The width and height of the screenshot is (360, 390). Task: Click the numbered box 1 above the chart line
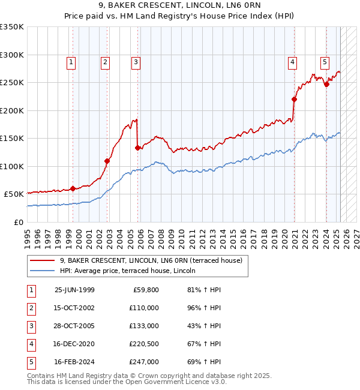(71, 61)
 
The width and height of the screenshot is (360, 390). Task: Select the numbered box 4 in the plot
(292, 61)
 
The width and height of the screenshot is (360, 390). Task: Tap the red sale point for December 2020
(295, 99)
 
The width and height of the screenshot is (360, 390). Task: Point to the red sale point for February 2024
(327, 85)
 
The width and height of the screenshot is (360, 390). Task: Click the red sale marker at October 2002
(107, 161)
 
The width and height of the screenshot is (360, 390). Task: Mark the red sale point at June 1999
(73, 188)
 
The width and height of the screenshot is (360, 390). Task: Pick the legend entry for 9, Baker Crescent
(151, 260)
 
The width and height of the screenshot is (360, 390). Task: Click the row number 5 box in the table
(31, 362)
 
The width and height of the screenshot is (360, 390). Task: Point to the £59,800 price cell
(146, 290)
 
